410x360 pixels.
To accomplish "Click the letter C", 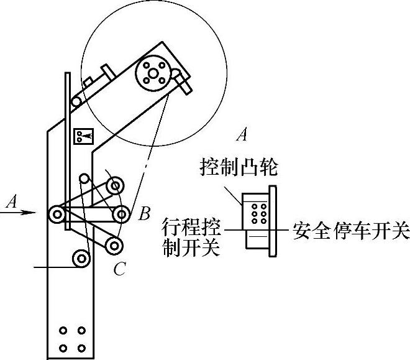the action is (121, 269).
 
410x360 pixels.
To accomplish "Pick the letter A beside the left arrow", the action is (11, 201).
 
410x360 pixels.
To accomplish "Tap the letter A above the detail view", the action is (244, 134).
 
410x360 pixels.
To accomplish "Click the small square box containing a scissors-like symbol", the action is (81, 136).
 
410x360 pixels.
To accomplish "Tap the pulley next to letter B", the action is (120, 214).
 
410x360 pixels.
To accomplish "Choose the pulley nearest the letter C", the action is (113, 245).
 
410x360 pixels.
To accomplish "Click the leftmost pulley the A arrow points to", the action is (57, 215).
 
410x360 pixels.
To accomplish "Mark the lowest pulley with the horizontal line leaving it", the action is (80, 257).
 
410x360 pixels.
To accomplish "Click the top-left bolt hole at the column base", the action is (63, 331).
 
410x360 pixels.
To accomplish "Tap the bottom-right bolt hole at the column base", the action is (81, 348).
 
